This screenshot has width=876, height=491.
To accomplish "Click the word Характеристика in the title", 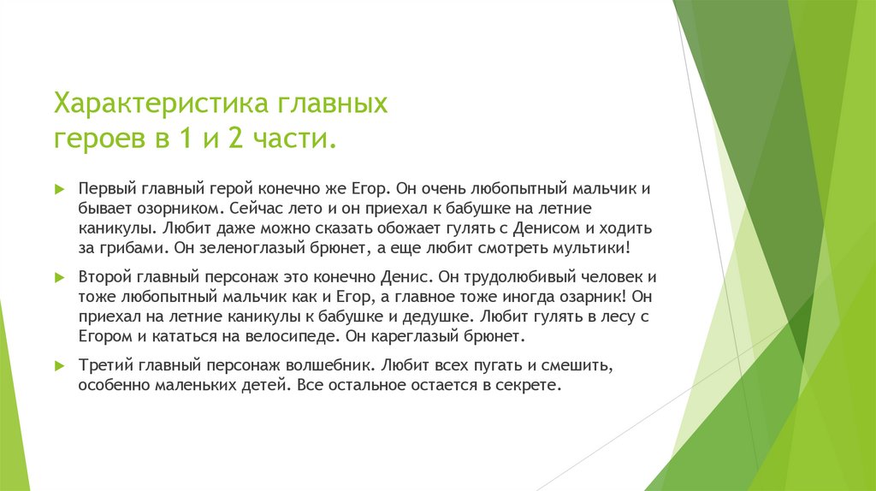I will tap(163, 105).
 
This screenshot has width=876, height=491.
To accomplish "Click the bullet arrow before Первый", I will tap(59, 187).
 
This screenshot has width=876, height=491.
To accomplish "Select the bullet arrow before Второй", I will tap(59, 278).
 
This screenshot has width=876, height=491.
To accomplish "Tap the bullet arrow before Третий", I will tap(59, 365).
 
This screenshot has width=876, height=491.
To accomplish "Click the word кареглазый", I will tap(412, 336).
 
